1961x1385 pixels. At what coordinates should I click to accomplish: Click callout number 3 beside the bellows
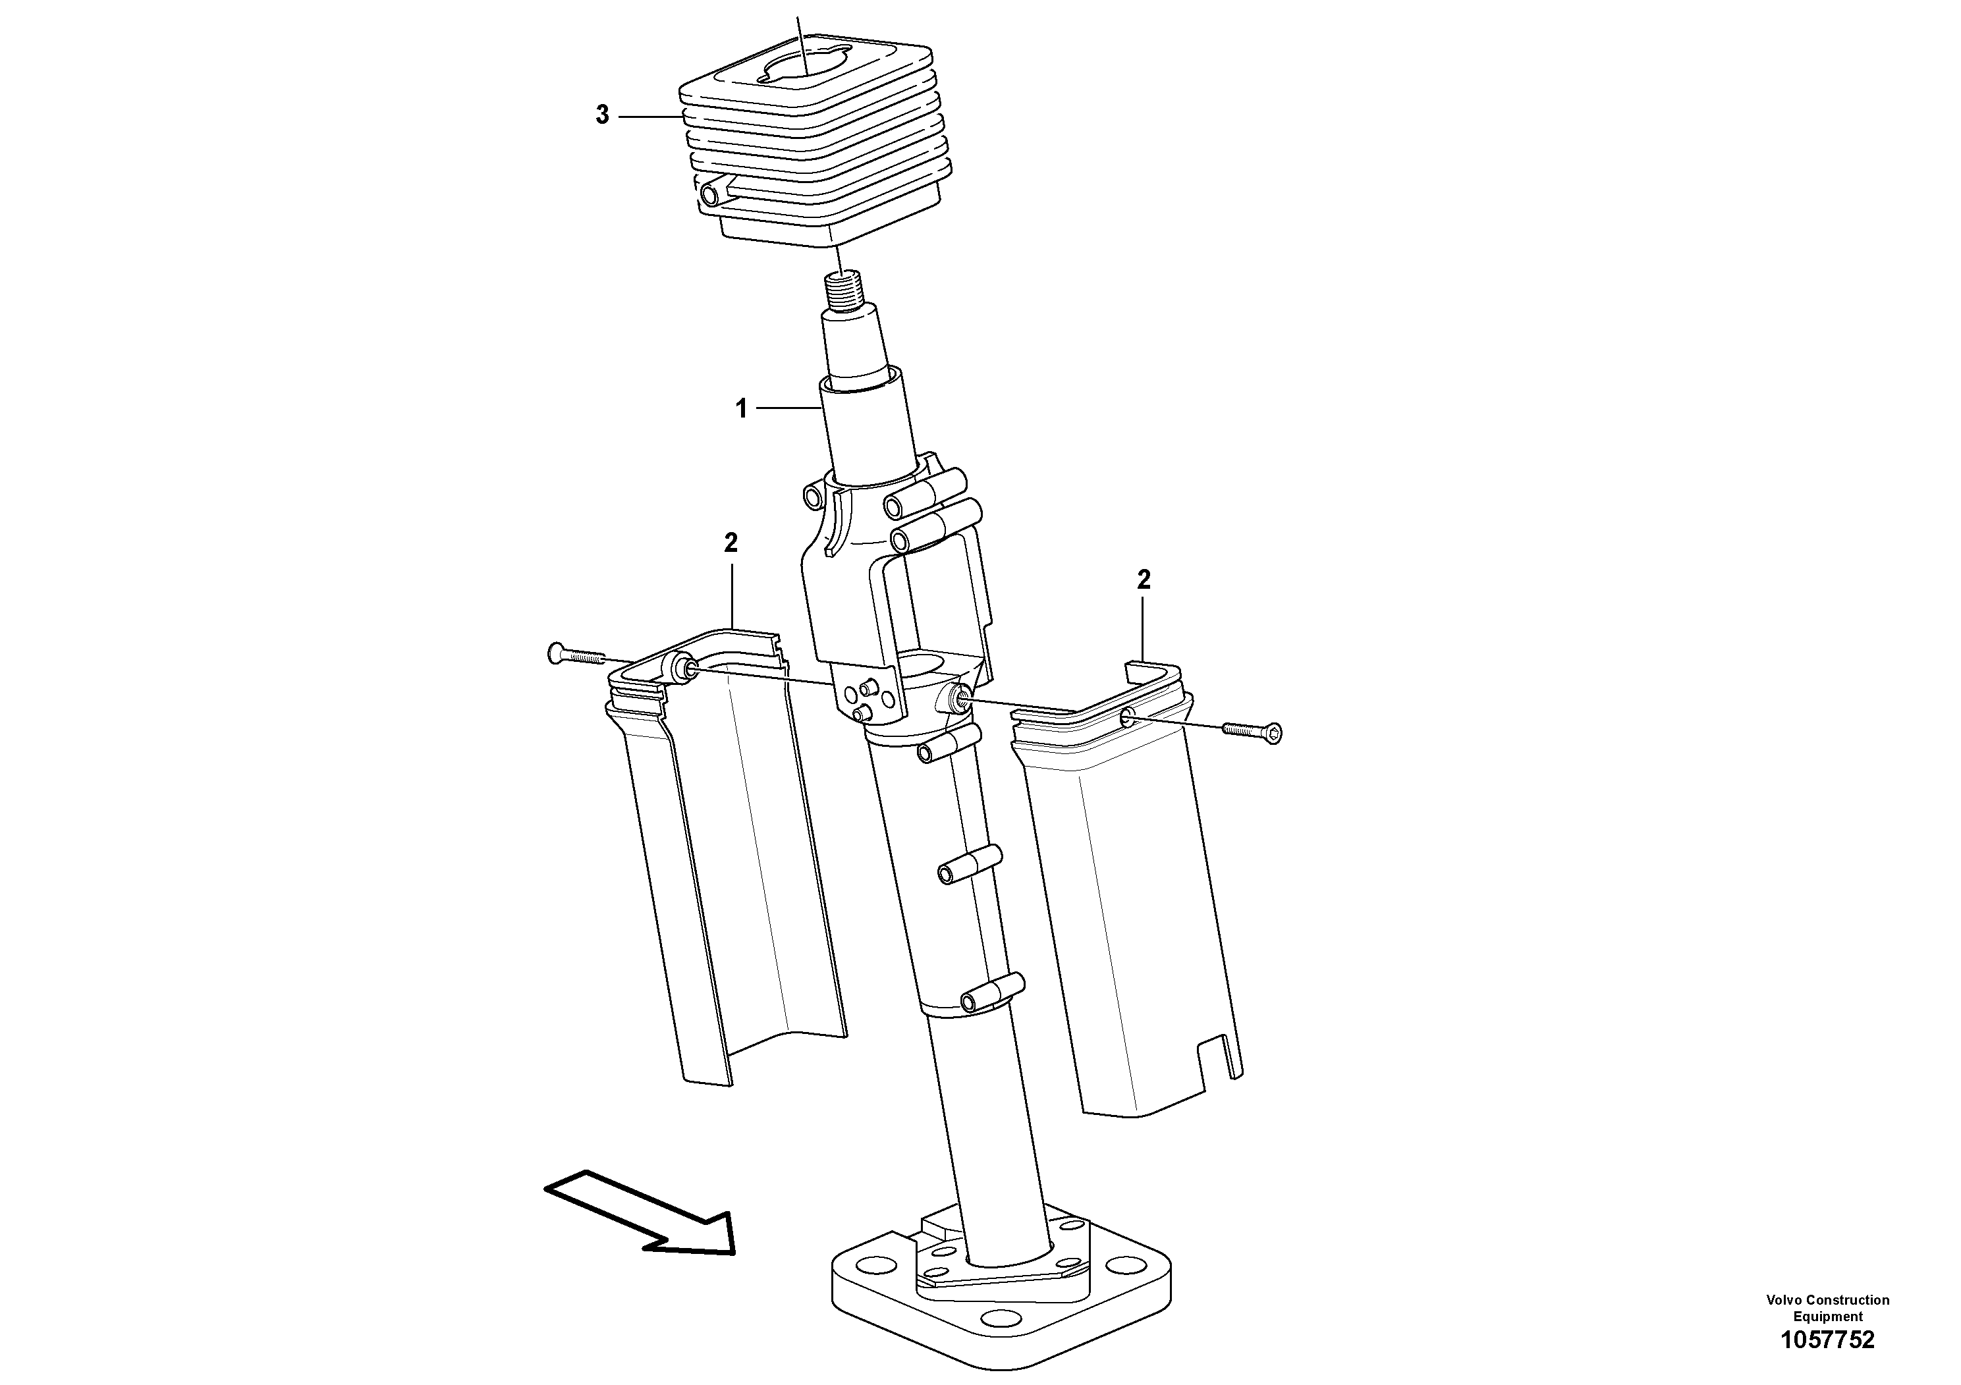602,115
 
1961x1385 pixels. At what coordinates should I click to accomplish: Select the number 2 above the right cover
1144,580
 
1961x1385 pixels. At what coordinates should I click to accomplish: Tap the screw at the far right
1254,730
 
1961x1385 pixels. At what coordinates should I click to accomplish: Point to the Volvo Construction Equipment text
1828,1307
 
